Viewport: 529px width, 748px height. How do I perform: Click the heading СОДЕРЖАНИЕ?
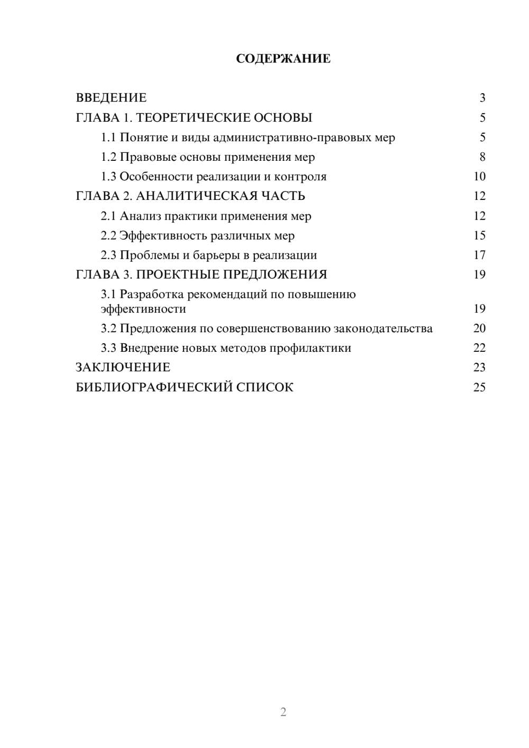coord(283,59)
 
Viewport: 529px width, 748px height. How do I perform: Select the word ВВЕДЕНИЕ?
coord(111,98)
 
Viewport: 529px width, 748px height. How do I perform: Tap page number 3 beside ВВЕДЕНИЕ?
coord(482,98)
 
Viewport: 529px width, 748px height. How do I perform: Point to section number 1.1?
coord(108,138)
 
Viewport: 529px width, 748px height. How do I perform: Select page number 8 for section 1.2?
coord(482,157)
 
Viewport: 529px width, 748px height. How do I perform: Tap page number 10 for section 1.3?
coord(479,177)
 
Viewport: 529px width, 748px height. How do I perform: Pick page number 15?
coord(479,235)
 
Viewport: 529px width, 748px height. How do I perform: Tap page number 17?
coord(479,255)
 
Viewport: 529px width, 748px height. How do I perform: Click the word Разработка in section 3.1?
coord(152,294)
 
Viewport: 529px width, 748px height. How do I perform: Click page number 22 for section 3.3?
coord(479,348)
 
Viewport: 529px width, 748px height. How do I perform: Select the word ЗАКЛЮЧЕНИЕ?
coord(123,367)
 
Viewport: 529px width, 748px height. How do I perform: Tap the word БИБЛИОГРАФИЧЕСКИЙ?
coord(154,387)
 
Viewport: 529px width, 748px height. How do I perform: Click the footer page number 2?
coord(283,712)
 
